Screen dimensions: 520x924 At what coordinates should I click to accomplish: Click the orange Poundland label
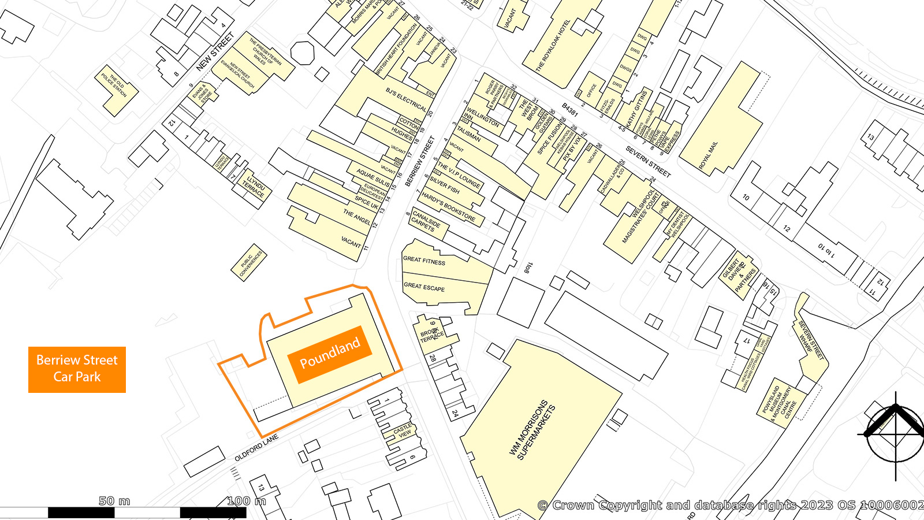[x=330, y=354]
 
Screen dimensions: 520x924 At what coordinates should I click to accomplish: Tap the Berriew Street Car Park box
[x=77, y=369]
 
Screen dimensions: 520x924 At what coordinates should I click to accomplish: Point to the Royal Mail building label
[x=708, y=155]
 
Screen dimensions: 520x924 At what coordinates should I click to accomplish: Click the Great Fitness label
[x=424, y=260]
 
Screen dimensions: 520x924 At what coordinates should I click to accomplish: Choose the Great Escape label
[x=424, y=286]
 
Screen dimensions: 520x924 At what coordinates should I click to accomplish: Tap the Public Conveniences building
[x=251, y=263]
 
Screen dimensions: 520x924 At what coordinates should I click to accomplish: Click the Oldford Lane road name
[x=256, y=448]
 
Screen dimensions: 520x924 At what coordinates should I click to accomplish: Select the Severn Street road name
[x=648, y=162]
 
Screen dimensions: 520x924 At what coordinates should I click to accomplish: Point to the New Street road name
[x=215, y=52]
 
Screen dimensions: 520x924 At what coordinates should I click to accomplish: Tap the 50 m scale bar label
[x=114, y=501]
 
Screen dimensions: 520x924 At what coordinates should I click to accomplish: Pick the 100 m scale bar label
[x=247, y=501]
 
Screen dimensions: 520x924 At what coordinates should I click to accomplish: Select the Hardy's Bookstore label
[x=448, y=207]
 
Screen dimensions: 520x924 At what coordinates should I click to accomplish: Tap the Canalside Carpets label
[x=426, y=222]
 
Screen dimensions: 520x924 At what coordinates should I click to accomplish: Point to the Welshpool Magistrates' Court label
[x=640, y=216]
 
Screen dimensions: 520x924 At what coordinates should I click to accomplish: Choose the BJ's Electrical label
[x=406, y=100]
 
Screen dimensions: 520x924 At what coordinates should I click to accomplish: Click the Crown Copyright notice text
[x=730, y=506]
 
